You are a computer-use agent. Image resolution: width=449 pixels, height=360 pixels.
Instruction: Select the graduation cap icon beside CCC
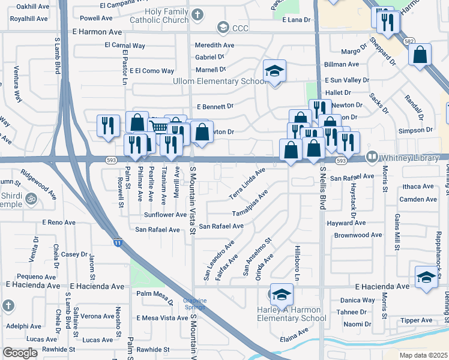(x=223, y=28)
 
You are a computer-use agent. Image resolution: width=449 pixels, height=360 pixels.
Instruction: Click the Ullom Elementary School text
(x=219, y=81)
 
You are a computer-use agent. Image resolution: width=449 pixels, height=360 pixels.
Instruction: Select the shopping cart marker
(x=158, y=127)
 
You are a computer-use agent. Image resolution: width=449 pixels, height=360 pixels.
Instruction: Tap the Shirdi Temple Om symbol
(x=31, y=198)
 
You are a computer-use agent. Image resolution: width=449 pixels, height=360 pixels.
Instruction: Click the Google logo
(x=20, y=353)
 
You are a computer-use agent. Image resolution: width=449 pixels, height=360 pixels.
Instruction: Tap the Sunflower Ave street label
(x=165, y=214)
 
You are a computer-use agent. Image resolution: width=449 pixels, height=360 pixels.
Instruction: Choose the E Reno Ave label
(x=58, y=222)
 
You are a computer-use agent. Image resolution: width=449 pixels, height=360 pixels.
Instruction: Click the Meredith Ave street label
(x=214, y=45)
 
